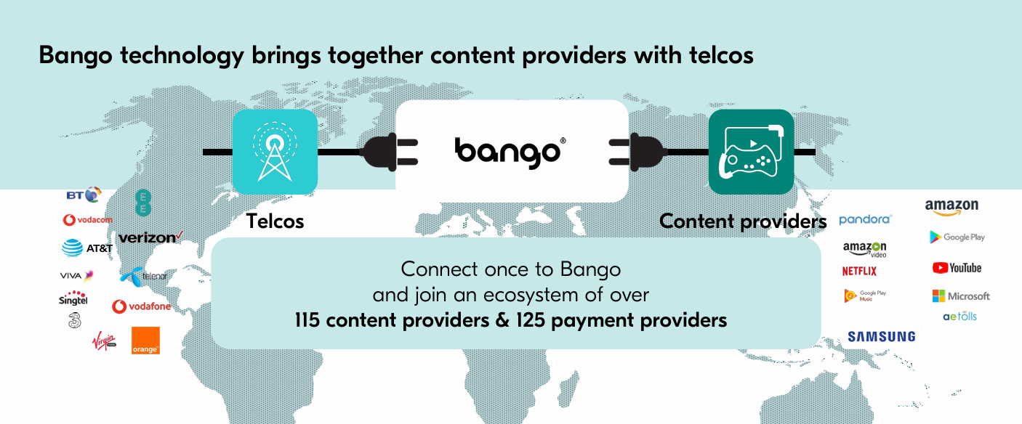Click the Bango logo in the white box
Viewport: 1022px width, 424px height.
click(x=509, y=151)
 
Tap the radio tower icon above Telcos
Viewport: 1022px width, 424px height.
click(x=275, y=151)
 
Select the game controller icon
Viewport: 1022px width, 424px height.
click(x=751, y=152)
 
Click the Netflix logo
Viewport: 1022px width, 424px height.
click(x=859, y=271)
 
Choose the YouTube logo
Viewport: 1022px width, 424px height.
click(x=957, y=268)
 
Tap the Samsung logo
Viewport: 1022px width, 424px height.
click(x=881, y=336)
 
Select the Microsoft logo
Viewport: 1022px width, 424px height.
click(x=961, y=296)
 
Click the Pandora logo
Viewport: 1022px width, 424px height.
click(x=865, y=219)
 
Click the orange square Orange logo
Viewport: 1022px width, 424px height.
click(x=145, y=341)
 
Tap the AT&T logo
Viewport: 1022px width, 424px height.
click(x=87, y=248)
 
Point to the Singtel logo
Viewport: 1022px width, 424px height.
click(x=73, y=299)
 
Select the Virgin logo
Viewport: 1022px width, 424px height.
click(x=104, y=341)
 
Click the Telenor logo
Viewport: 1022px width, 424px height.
click(x=144, y=276)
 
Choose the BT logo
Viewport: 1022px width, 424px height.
click(x=82, y=195)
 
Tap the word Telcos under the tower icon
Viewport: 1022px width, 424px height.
click(x=275, y=221)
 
